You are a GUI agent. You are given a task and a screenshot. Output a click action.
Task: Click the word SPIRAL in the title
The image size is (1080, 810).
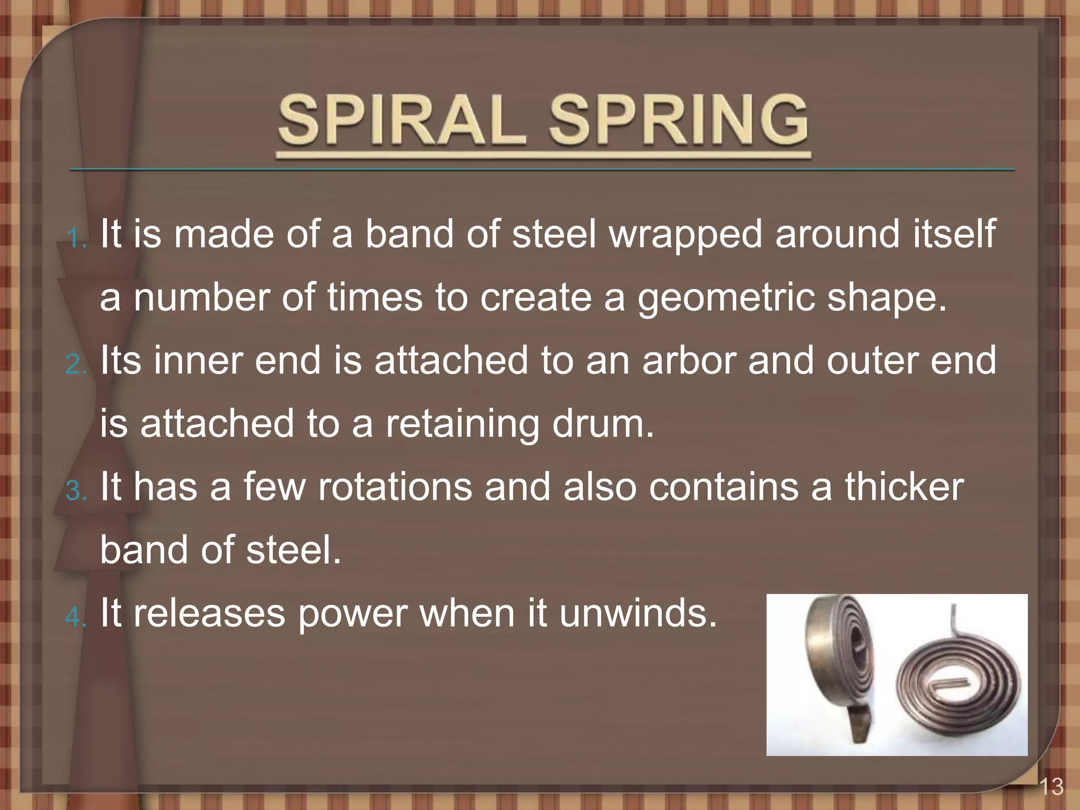tap(402, 120)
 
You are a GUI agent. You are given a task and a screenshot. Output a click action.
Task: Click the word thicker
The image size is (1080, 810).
tap(904, 487)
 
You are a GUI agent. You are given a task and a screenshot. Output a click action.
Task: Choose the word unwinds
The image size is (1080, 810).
tap(638, 613)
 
